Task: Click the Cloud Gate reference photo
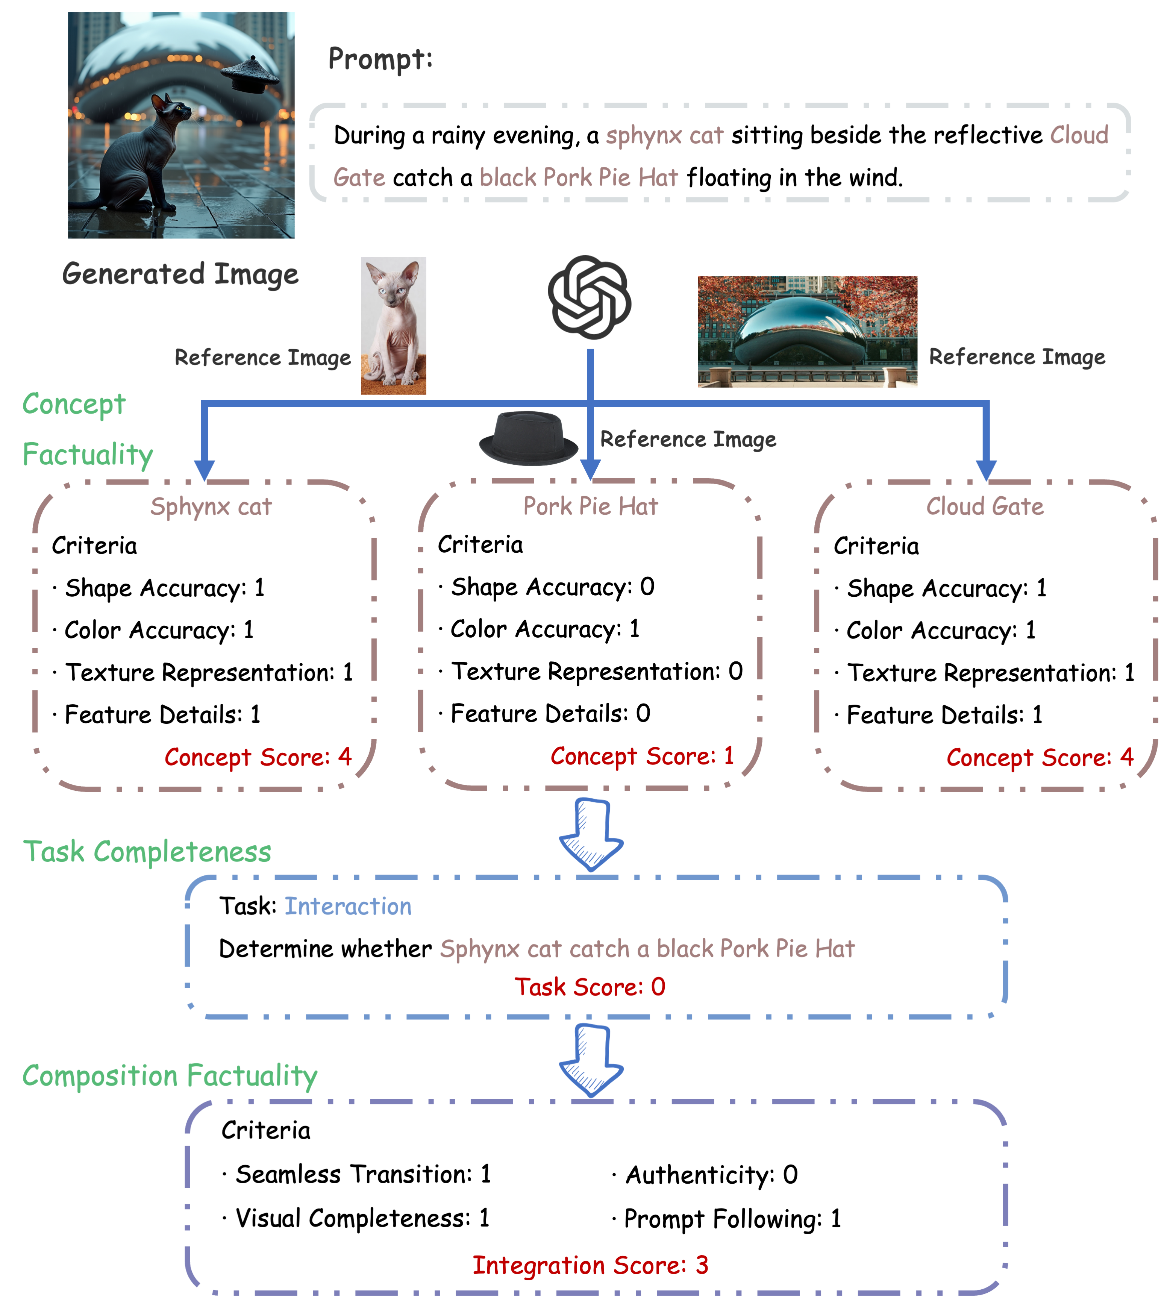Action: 807,332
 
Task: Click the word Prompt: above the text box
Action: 380,59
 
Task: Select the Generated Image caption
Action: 180,274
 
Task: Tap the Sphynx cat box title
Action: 211,506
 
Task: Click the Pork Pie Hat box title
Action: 591,506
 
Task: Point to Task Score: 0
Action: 590,987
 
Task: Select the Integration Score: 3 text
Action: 590,1265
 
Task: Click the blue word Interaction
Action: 348,906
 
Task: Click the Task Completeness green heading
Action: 147,852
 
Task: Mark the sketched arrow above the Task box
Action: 591,834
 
